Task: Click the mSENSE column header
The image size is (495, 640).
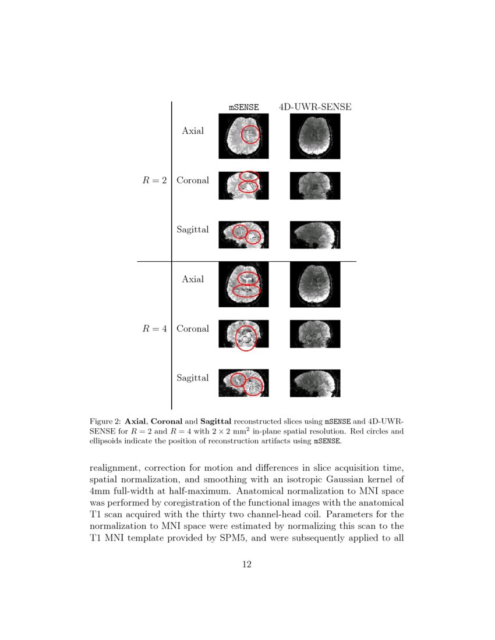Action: tap(243, 107)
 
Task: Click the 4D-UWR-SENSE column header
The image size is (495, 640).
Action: tap(315, 107)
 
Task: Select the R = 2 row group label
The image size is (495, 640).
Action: tap(155, 180)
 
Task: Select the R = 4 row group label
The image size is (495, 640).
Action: tap(155, 329)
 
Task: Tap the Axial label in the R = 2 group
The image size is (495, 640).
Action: tap(193, 131)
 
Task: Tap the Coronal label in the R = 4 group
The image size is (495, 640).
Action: tap(193, 329)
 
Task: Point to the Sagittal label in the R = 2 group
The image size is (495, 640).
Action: tap(193, 230)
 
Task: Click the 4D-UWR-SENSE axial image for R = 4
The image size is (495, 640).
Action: tap(315, 285)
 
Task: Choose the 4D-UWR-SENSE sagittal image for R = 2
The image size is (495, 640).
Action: tap(315, 235)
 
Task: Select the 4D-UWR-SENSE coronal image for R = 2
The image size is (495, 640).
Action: tap(315, 186)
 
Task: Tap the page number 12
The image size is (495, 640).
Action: tap(247, 564)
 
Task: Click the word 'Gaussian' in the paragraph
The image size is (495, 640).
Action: tap(337, 480)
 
